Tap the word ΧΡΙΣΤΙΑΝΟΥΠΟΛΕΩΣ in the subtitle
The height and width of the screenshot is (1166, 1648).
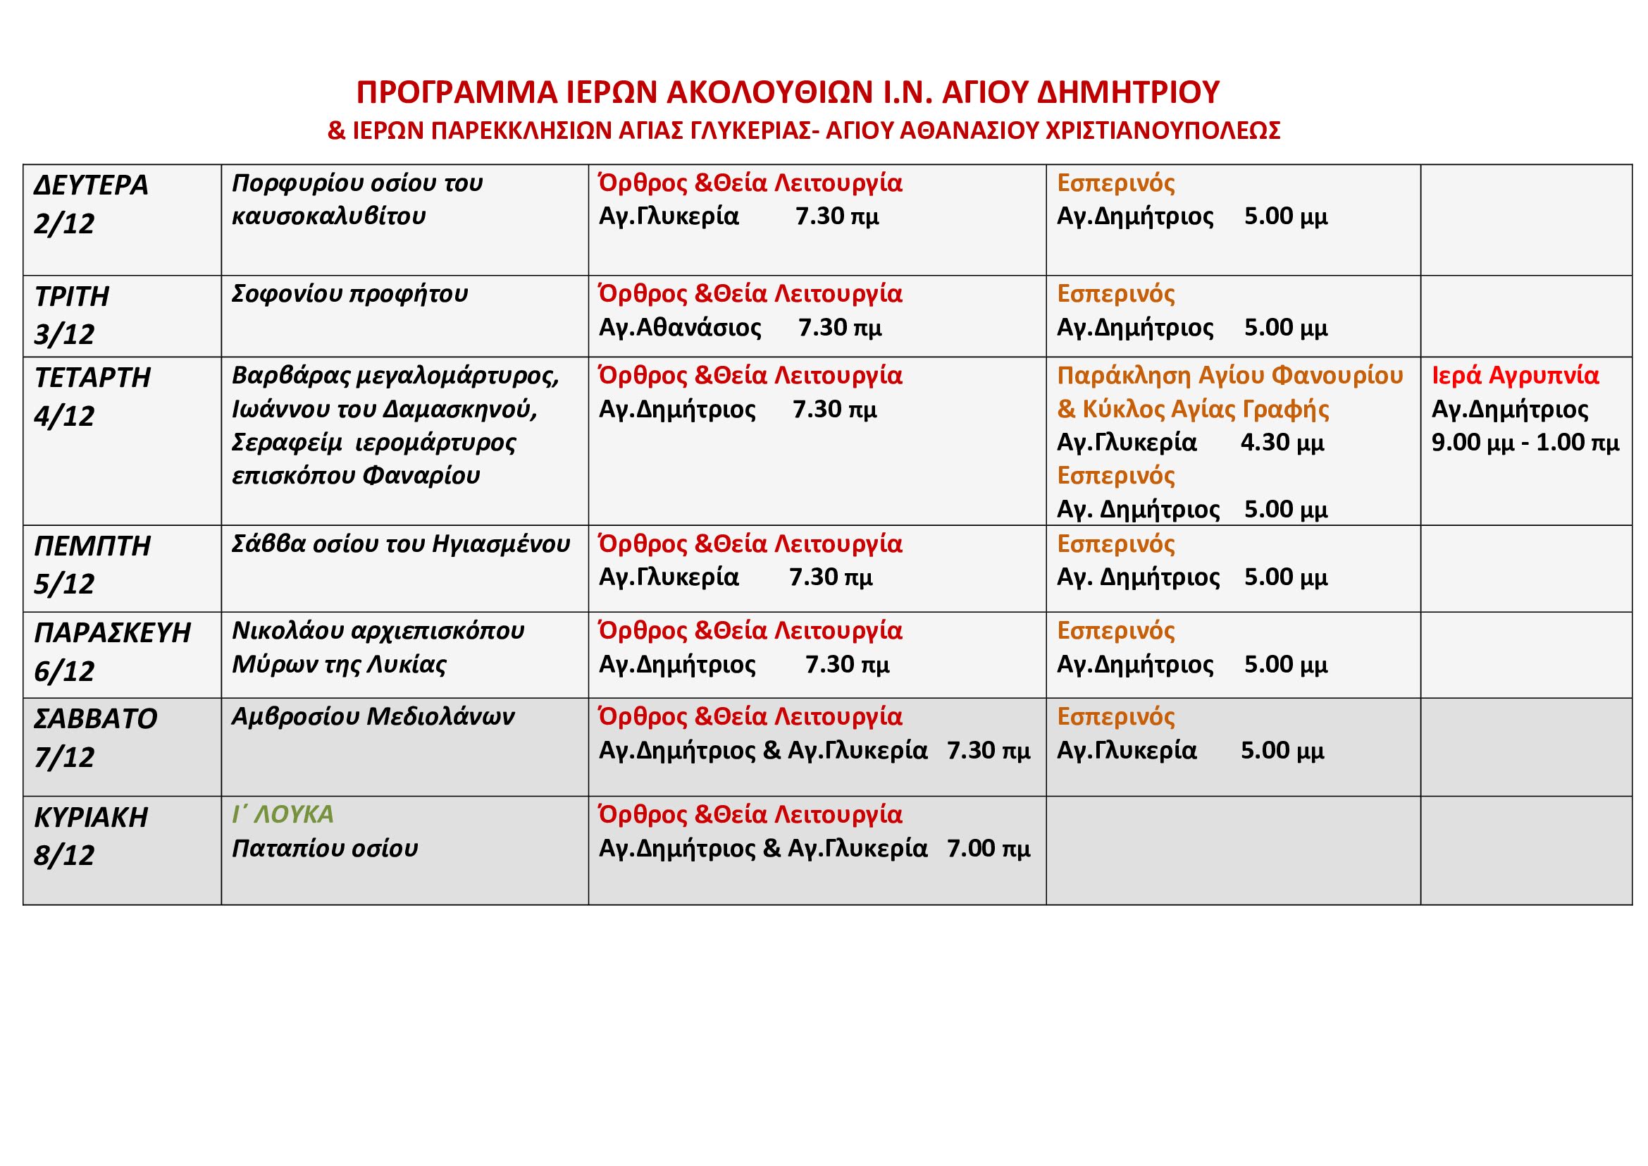pyautogui.click(x=1163, y=130)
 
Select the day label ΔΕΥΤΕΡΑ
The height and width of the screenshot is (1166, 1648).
pyautogui.click(x=91, y=185)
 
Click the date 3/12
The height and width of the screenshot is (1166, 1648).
pyautogui.click(x=64, y=335)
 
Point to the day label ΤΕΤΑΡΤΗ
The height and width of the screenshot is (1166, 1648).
pyautogui.click(x=92, y=378)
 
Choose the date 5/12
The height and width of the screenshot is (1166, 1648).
pyautogui.click(x=64, y=584)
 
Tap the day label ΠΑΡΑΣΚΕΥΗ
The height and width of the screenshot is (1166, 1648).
pyautogui.click(x=113, y=632)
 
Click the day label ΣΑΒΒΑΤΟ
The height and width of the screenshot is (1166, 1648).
pyautogui.click(x=95, y=718)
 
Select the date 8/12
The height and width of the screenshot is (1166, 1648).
pyautogui.click(x=64, y=855)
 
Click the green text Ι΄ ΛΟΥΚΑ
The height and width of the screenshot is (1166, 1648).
pyautogui.click(x=283, y=814)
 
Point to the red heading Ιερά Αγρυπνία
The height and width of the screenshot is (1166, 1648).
pyautogui.click(x=1516, y=376)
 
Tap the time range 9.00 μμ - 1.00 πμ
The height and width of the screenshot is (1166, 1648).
pyautogui.click(x=1525, y=442)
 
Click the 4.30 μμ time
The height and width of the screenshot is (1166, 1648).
pyautogui.click(x=1282, y=442)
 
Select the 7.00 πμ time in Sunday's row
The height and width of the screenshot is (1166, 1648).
pyautogui.click(x=989, y=849)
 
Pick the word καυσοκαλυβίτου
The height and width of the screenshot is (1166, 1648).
pyautogui.click(x=329, y=216)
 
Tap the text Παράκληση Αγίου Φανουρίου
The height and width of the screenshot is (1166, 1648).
pyautogui.click(x=1229, y=376)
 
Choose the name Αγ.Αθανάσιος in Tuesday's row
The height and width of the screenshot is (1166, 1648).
pyautogui.click(x=680, y=327)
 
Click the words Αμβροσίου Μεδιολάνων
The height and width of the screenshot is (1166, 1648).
pyautogui.click(x=373, y=716)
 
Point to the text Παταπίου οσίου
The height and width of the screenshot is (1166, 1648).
pyautogui.click(x=324, y=849)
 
